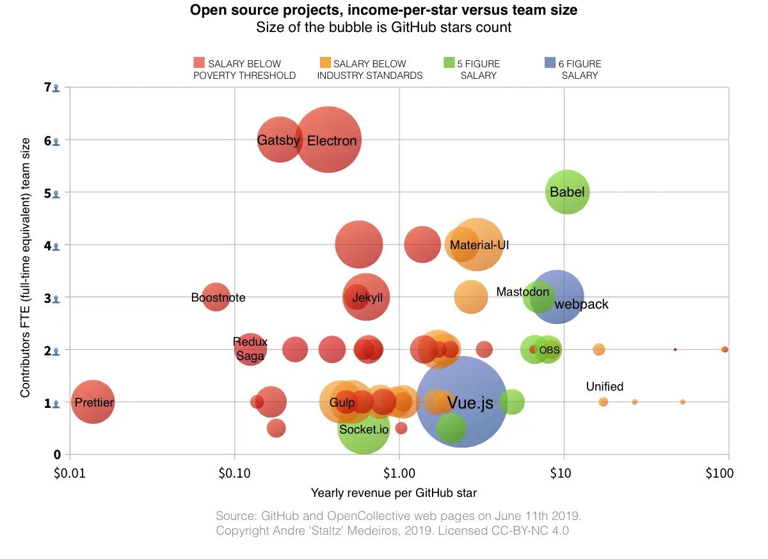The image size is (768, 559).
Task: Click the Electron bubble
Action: click(x=328, y=140)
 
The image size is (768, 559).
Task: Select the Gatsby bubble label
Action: click(x=278, y=140)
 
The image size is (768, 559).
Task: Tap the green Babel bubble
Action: click(x=567, y=192)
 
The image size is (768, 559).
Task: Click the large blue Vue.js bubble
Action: click(x=462, y=402)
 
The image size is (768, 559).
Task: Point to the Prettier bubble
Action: click(x=93, y=402)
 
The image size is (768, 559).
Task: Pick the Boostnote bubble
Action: click(x=216, y=298)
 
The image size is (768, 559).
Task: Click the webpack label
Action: click(x=581, y=304)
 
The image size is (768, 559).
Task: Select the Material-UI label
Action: click(x=479, y=245)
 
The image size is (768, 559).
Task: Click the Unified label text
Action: click(x=604, y=387)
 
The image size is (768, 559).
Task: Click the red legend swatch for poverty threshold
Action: click(x=199, y=63)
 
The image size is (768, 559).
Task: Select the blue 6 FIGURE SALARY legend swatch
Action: click(x=550, y=63)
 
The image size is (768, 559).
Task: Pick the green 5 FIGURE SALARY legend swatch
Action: click(x=449, y=63)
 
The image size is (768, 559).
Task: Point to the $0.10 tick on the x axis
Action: click(x=235, y=474)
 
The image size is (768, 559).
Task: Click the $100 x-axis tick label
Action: click(x=717, y=474)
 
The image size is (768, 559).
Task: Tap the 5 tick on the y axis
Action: click(x=48, y=192)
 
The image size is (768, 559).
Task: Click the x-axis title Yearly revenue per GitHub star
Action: click(x=393, y=493)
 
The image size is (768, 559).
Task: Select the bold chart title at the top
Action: click(x=384, y=11)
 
